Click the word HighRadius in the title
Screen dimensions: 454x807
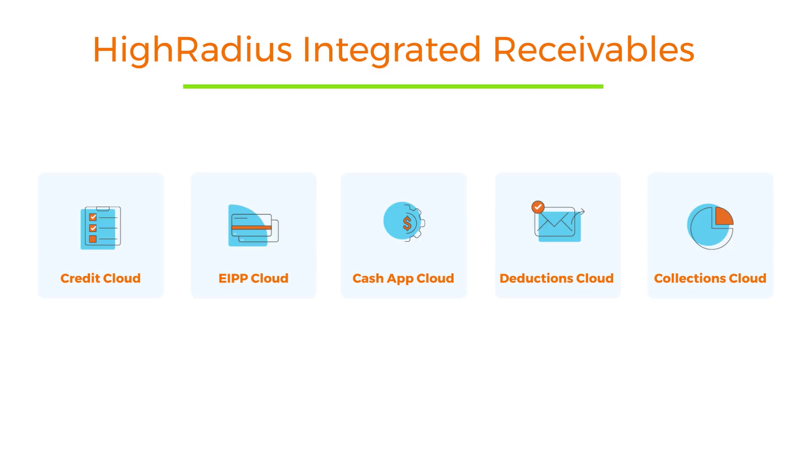(192, 50)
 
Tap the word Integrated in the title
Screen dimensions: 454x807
(392, 50)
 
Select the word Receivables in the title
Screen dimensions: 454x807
(593, 50)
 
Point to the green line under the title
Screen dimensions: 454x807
(393, 86)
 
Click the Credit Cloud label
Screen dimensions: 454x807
(100, 278)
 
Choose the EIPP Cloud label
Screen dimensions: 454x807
(253, 278)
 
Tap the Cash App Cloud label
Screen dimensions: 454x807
(403, 278)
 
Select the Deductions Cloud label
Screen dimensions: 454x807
(557, 278)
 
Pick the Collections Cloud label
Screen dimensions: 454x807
(710, 278)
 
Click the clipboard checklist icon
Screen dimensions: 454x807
(100, 227)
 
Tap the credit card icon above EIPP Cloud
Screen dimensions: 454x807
(253, 226)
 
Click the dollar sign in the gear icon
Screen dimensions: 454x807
(408, 223)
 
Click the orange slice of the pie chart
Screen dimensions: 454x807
(723, 216)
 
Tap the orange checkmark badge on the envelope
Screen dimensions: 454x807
(538, 207)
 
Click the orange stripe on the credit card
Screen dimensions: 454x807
(252, 227)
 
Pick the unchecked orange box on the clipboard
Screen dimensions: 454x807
(93, 239)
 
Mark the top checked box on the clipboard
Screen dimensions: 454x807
(93, 217)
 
